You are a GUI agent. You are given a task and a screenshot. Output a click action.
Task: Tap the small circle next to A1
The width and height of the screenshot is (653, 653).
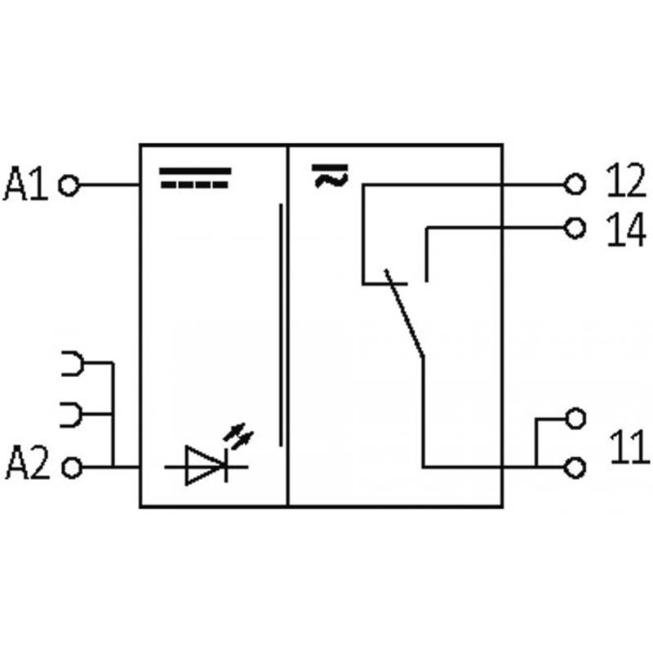tap(70, 186)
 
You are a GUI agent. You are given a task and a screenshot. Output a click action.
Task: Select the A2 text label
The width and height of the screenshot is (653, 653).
tap(28, 466)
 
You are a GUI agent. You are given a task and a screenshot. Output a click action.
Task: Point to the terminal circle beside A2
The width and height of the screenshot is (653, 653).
tap(72, 468)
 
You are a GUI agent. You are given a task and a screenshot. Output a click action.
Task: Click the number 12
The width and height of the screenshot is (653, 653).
tap(625, 183)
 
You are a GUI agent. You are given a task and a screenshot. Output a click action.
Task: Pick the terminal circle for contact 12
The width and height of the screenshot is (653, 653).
tap(576, 184)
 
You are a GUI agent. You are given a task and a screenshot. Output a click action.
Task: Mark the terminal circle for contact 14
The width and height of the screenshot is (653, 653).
tap(576, 229)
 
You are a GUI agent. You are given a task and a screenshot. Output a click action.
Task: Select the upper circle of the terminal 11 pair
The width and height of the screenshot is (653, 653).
tap(576, 419)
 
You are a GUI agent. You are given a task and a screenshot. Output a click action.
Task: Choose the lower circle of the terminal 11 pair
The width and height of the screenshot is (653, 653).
tap(576, 468)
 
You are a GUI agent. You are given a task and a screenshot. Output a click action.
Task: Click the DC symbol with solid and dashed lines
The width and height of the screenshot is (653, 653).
tap(194, 178)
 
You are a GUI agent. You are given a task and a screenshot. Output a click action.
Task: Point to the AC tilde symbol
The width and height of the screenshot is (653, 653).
tap(331, 175)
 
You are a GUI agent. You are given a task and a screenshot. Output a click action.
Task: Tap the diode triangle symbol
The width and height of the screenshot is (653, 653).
tap(202, 467)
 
